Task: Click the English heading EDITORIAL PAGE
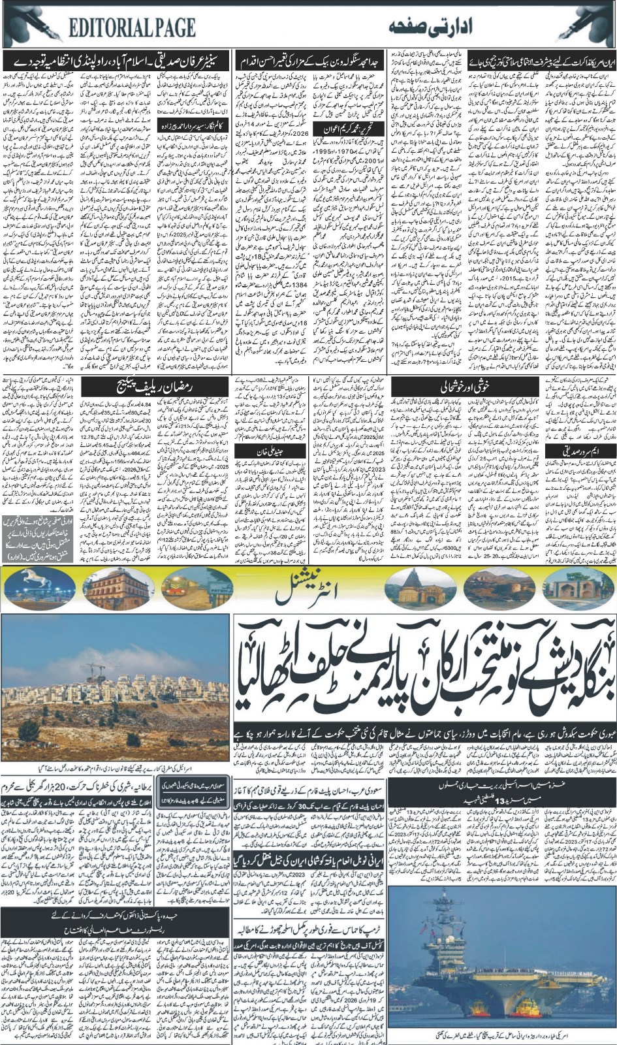[x=131, y=27]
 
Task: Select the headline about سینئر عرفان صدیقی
[x=118, y=63]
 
